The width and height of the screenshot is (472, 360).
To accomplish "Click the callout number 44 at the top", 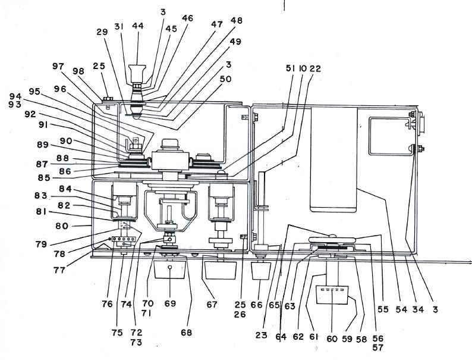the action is tap(137, 26).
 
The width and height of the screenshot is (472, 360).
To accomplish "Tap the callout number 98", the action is tap(78, 71).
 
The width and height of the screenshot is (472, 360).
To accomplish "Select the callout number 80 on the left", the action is tap(62, 226).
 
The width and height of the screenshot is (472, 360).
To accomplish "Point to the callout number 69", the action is tap(170, 303).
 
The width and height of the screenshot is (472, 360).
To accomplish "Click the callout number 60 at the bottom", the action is tap(332, 339).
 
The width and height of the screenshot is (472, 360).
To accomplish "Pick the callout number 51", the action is tap(290, 68).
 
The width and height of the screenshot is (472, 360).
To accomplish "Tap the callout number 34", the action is tap(418, 309).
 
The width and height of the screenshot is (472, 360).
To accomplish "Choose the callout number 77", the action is tap(59, 270).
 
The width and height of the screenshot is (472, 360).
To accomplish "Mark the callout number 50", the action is tap(225, 79).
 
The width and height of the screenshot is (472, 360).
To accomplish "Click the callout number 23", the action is tap(262, 335).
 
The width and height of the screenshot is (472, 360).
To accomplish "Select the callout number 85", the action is tap(44, 178).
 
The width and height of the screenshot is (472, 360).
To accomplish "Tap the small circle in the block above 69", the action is tap(170, 267).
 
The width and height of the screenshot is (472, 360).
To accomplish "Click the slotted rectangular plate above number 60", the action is tap(332, 295).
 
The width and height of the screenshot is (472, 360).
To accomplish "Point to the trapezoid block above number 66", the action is tap(261, 271).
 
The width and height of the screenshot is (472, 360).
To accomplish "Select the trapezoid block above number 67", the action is tap(220, 270).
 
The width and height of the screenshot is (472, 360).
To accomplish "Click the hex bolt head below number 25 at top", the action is tap(108, 99).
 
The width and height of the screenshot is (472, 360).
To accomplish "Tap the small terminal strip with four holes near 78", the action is tap(124, 239).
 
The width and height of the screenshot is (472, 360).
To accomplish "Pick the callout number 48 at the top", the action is tap(237, 20).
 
